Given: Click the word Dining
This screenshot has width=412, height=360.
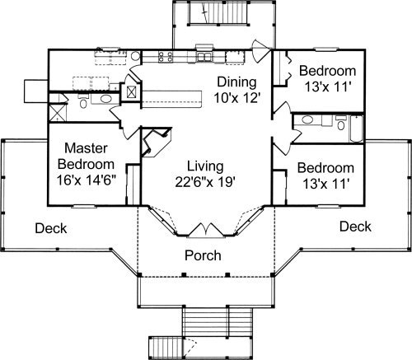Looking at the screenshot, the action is [x=236, y=82].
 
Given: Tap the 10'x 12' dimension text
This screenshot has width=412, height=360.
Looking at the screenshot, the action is [x=236, y=98].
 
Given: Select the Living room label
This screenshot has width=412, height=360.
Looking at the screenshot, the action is [x=205, y=167].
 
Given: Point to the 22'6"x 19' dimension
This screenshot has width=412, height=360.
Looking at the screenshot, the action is [x=205, y=182].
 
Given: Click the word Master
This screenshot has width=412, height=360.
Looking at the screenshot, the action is [x=86, y=148].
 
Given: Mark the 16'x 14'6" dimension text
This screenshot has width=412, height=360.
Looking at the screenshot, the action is [x=86, y=180].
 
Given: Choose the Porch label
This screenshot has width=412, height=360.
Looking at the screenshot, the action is [x=203, y=255].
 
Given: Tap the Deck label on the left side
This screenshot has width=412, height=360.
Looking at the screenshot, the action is [x=51, y=228].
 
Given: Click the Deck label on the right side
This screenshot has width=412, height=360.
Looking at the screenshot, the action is [x=355, y=227].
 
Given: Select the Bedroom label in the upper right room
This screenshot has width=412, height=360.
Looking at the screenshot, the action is [x=327, y=71].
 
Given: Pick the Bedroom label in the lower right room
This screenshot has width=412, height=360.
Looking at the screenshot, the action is [x=325, y=168].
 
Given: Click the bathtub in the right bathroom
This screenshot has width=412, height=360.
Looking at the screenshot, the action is [x=357, y=129].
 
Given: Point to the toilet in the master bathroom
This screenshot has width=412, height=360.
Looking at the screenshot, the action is [x=83, y=101].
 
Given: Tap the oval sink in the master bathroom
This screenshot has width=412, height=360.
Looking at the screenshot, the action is [x=105, y=99].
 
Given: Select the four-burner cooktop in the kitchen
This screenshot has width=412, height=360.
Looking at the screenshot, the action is [x=166, y=56].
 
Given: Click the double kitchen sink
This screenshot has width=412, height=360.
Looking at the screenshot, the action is [x=204, y=56].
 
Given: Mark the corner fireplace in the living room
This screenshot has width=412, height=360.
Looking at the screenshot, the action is [x=156, y=142].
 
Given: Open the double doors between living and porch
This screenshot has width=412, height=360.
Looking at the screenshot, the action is [x=205, y=230].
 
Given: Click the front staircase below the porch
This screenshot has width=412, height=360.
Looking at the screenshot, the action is [x=218, y=320].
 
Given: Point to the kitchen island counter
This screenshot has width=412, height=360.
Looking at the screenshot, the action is [x=172, y=99].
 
